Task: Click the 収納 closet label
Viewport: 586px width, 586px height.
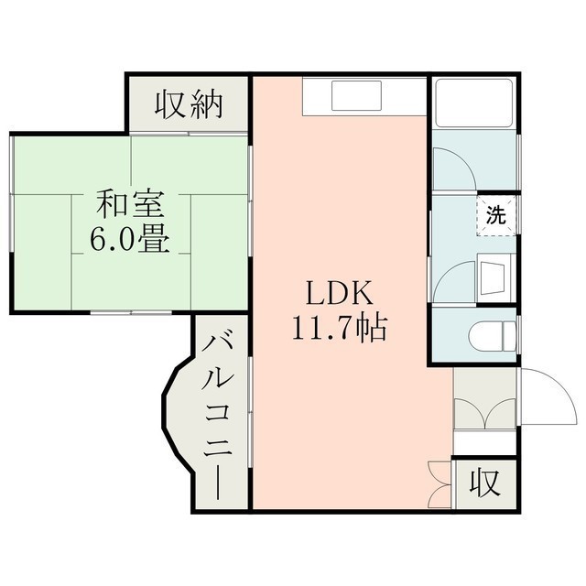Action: coord(190,105)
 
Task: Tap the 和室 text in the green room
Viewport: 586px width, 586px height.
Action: coord(130,204)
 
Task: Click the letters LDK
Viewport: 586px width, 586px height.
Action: coord(340,293)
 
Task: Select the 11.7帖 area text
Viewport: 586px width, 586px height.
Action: coord(339,327)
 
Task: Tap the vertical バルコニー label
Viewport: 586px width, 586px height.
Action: coord(218,418)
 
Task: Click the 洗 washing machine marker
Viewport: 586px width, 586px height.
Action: coord(495,216)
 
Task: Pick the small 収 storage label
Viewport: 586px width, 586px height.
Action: coord(485,483)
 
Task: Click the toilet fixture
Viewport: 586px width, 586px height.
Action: coord(493,336)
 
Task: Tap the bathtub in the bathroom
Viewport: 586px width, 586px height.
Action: coord(474,103)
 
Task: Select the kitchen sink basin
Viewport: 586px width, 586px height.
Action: coord(356,95)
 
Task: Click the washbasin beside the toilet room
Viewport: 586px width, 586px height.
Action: coord(496,278)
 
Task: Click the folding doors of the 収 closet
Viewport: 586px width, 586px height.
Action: coord(440,484)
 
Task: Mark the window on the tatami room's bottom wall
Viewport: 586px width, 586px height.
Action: coord(131,311)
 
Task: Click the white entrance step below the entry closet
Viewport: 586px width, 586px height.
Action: coord(484,443)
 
